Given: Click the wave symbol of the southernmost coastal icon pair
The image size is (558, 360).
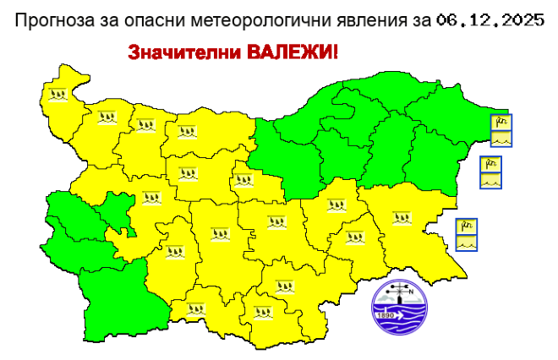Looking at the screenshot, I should (x=467, y=241).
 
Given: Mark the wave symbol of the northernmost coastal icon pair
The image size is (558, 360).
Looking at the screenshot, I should (x=502, y=138).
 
